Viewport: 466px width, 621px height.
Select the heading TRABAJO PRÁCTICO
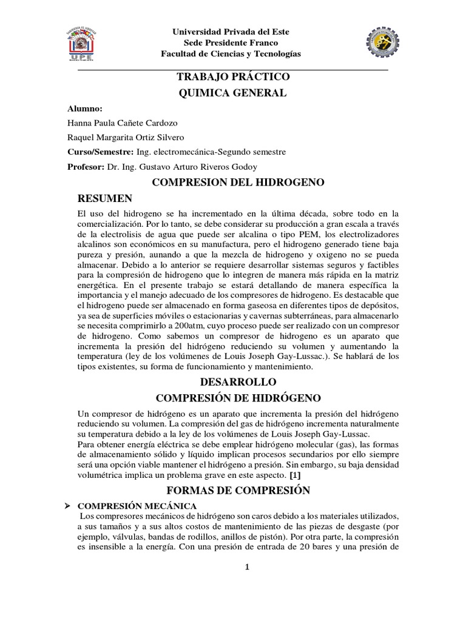[x=233, y=78]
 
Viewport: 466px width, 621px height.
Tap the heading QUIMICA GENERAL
[x=233, y=93]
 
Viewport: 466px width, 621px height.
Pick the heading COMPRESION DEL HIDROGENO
[x=233, y=182]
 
